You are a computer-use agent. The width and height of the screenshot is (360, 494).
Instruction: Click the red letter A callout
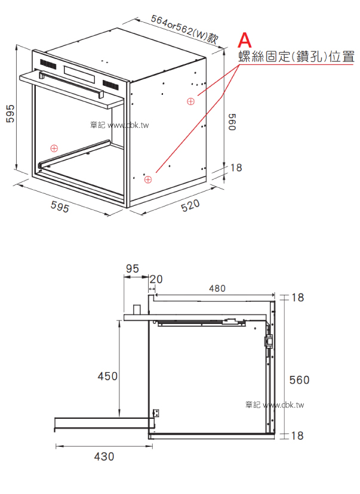pos(245,40)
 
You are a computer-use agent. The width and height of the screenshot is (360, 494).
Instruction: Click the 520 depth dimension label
pos(190,205)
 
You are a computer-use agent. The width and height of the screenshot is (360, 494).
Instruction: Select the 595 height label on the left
pos(10,113)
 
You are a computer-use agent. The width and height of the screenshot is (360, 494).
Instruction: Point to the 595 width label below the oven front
pos(60,207)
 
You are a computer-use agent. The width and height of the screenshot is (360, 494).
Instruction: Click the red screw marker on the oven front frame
pos(54,148)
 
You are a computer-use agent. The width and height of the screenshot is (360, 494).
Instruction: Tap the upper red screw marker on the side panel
pos(190,101)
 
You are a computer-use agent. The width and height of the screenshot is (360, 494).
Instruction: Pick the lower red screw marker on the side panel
pos(148,179)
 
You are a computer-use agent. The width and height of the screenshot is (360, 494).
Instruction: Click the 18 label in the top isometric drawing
pos(236,168)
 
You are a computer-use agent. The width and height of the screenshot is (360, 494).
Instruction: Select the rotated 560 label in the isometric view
pos(232,122)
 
